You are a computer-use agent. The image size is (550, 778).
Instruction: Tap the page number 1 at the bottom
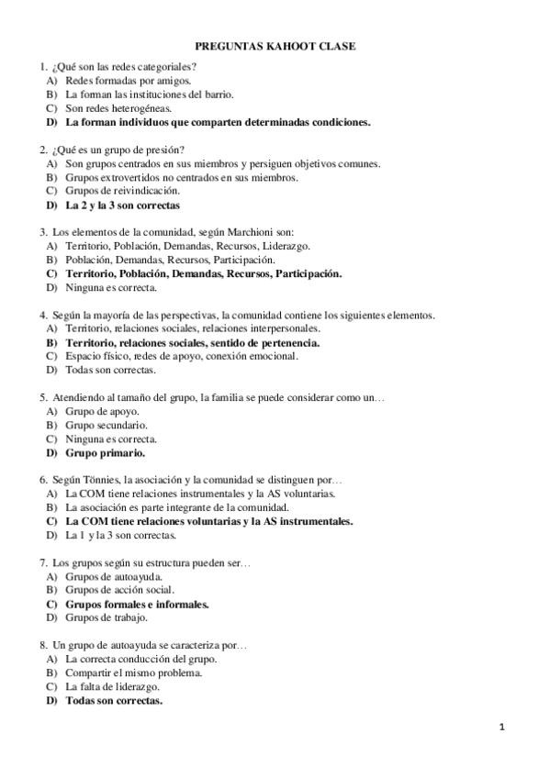coord(502,728)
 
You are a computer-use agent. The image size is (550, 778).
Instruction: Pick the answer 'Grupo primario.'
coord(105,452)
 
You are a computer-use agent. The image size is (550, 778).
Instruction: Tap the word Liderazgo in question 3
coord(286,246)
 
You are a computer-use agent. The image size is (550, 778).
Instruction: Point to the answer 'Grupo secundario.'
coord(107,425)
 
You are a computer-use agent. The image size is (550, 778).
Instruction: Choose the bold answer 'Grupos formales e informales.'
coord(138,605)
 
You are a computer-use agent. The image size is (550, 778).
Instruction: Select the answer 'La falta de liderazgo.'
coord(113,686)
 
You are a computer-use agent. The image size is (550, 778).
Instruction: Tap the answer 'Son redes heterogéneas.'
coord(118,107)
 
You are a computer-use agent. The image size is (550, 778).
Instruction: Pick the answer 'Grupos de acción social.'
coord(119,590)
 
